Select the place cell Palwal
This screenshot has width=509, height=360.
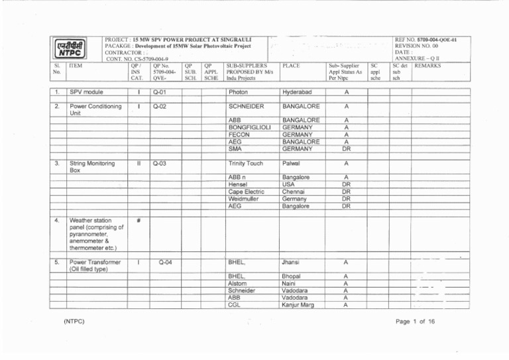292,163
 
